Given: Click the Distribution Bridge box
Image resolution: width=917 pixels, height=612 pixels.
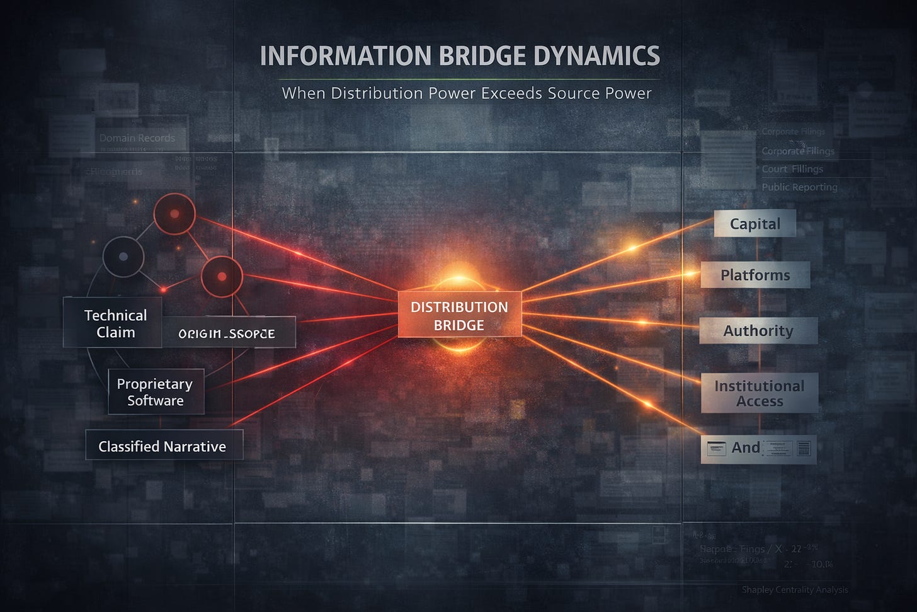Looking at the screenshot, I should [459, 315].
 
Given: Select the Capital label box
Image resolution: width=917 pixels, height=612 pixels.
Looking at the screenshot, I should [755, 224].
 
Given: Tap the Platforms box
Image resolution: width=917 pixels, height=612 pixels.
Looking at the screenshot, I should [755, 275].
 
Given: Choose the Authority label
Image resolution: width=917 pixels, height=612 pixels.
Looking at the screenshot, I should [758, 331].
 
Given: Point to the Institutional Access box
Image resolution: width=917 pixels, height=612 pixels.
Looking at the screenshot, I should [759, 393].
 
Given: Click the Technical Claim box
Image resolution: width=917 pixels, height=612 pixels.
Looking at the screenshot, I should [113, 323].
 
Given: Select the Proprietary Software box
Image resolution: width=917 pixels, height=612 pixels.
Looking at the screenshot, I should [156, 392].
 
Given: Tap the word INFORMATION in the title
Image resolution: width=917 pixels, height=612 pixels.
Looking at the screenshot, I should [345, 56].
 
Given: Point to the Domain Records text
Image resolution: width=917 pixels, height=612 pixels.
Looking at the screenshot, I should [137, 138].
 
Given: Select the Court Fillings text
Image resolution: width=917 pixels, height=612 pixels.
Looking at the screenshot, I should [792, 169].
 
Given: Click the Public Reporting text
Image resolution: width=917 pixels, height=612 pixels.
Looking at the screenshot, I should [799, 187].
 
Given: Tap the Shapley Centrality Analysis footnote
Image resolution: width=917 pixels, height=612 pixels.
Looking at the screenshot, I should [795, 590].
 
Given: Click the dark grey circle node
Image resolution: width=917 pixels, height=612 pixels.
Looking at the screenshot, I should [123, 257].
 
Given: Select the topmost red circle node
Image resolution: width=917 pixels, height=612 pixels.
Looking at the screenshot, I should [174, 214].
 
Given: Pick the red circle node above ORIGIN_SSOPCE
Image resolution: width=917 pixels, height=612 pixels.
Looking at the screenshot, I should [222, 276].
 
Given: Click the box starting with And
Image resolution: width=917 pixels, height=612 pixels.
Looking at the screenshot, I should [758, 449].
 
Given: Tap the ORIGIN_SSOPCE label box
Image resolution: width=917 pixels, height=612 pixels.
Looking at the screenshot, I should [228, 333].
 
